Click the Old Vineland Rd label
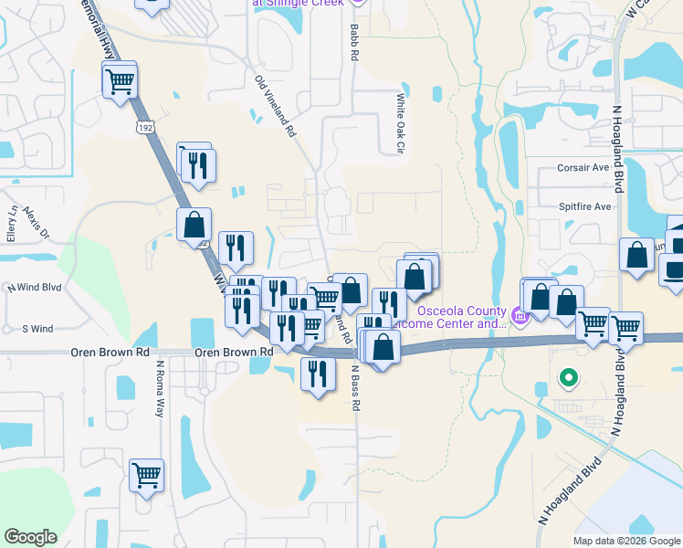pyautogui.click(x=276, y=106)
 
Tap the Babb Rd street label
pyautogui.click(x=353, y=43)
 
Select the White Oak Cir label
pyautogui.click(x=399, y=122)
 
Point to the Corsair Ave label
pyautogui.click(x=583, y=168)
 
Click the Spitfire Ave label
pyautogui.click(x=584, y=206)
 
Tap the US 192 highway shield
pyautogui.click(x=144, y=128)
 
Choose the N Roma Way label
pyautogui.click(x=159, y=388)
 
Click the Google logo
pyautogui.click(x=30, y=537)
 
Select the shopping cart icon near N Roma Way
pyautogui.click(x=146, y=475)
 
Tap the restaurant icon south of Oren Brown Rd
pyautogui.click(x=317, y=374)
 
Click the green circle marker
pyautogui.click(x=569, y=376)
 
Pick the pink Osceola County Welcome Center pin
pyautogui.click(x=520, y=316)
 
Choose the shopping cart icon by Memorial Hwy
pyautogui.click(x=120, y=81)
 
